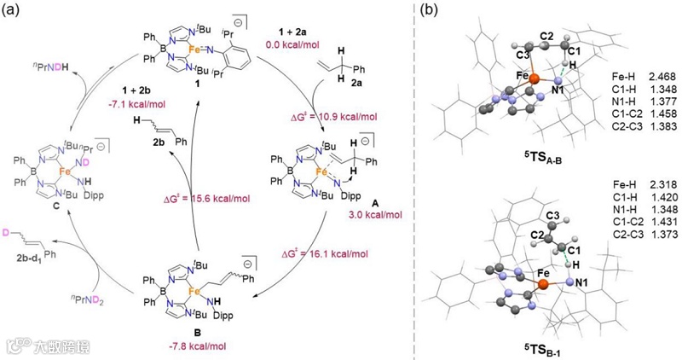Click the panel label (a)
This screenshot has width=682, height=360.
[10, 11]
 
